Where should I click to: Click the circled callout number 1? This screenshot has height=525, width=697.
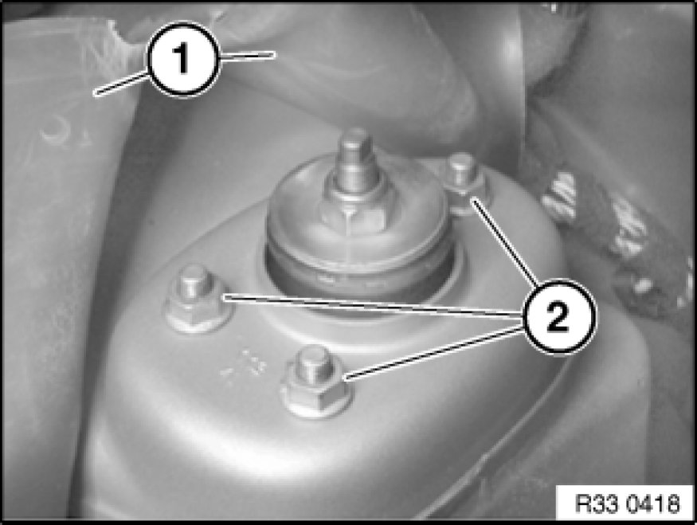183,59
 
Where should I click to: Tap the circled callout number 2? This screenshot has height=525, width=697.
558,316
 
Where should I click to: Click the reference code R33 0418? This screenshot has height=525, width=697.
627,503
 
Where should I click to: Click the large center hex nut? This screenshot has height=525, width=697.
354,213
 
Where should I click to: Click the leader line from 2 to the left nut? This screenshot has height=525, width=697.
374,305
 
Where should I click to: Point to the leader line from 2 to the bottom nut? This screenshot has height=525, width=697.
434,352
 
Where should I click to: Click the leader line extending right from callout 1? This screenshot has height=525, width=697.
247,55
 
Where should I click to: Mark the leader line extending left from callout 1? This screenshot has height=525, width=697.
121,84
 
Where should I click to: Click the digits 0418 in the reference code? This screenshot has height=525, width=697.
653,503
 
